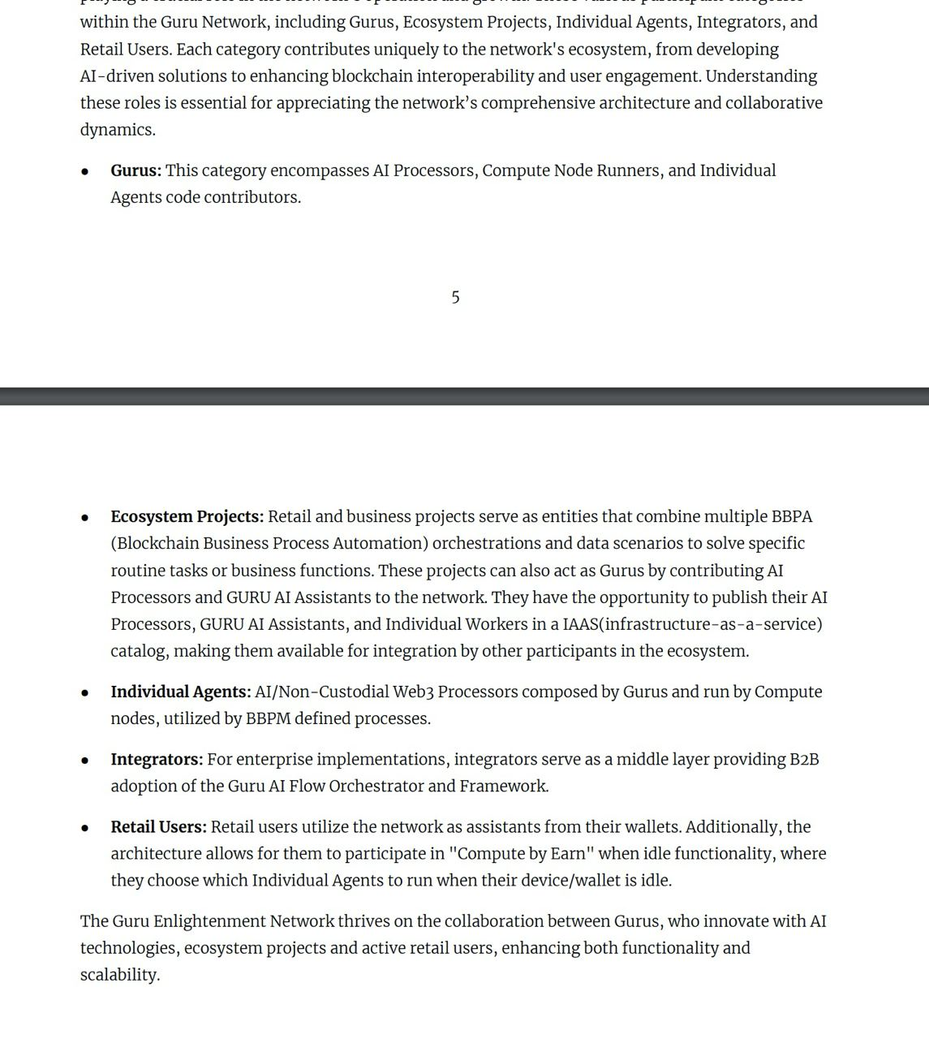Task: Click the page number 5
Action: pos(455,298)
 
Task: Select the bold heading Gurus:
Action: pos(135,170)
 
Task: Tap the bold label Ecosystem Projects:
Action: pos(187,517)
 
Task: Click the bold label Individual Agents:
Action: pos(180,692)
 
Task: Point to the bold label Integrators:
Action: pos(157,760)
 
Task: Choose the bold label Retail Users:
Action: pos(158,827)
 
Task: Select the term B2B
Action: pos(804,760)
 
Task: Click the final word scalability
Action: pos(119,975)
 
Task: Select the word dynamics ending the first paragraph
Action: pos(117,130)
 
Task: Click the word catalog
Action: pos(139,652)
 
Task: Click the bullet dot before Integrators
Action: pos(85,761)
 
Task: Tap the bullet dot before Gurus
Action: pos(85,171)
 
